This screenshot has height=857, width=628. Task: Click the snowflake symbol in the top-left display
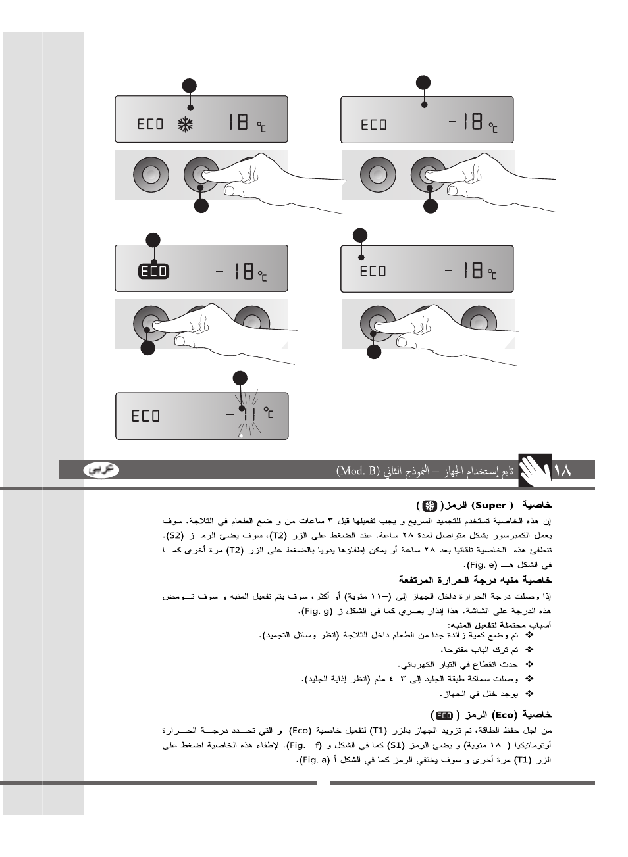[x=186, y=124]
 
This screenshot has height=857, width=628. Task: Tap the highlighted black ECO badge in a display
[x=153, y=271]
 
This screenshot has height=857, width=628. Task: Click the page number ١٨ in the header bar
[x=563, y=471]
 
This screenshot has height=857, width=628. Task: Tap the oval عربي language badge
[x=101, y=470]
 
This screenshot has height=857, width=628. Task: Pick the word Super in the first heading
[x=490, y=506]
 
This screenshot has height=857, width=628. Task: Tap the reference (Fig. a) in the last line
[x=314, y=760]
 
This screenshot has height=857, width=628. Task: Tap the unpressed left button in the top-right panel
[x=378, y=175]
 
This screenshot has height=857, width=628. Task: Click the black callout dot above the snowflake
[x=190, y=86]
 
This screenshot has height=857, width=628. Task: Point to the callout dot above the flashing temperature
[x=240, y=378]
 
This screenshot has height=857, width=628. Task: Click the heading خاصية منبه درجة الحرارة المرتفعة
[x=475, y=580]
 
